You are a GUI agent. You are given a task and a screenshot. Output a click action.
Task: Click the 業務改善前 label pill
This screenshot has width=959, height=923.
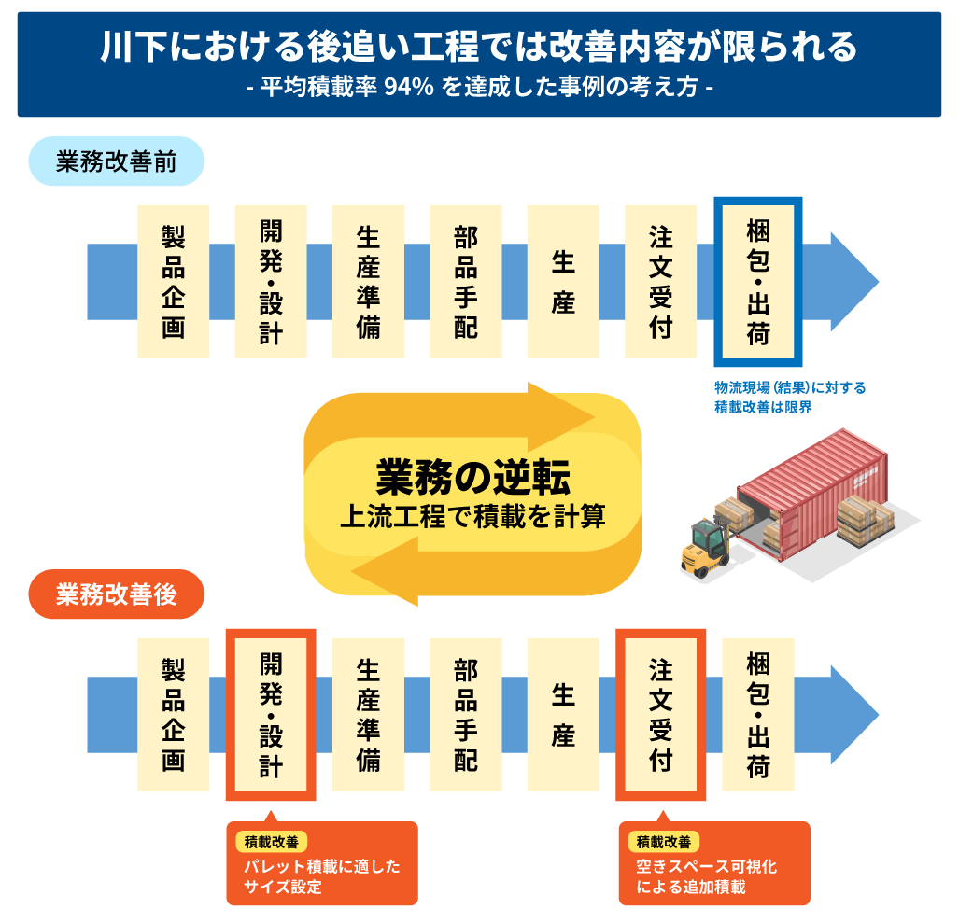(116, 161)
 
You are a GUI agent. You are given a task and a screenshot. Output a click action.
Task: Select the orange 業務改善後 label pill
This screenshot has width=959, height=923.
(116, 594)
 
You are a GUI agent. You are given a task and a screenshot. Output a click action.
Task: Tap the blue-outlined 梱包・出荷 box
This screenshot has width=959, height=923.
(757, 281)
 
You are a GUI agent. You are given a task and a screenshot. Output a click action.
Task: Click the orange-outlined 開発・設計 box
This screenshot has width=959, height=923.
(271, 715)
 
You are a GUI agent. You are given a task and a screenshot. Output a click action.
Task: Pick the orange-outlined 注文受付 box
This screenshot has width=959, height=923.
(660, 715)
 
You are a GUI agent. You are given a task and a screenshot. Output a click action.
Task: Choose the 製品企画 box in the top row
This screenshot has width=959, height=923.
(173, 281)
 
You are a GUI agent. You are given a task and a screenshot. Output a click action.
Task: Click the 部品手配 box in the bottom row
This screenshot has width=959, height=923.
(466, 715)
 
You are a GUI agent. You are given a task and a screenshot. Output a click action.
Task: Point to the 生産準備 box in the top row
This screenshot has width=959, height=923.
(368, 281)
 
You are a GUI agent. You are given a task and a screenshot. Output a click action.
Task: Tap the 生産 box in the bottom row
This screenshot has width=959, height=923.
(563, 715)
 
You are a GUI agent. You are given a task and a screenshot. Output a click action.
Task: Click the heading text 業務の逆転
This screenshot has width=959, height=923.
(472, 477)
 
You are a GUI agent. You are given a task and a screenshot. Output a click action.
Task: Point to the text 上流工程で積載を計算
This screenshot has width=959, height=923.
(472, 516)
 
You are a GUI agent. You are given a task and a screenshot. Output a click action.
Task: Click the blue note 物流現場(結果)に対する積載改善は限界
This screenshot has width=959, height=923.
(777, 398)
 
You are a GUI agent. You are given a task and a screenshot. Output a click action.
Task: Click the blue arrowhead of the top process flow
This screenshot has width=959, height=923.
(853, 281)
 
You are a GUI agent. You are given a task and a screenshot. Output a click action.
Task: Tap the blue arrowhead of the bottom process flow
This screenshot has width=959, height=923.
(853, 715)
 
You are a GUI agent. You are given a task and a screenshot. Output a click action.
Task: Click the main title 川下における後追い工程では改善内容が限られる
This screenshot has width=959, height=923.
(479, 47)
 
